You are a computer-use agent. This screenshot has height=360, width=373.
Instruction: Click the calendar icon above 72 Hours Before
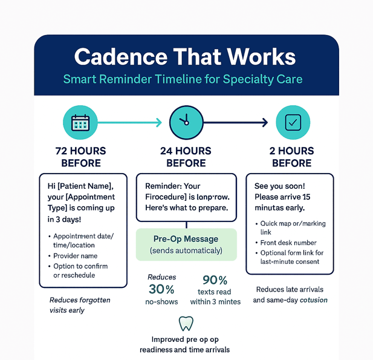[x=80, y=123]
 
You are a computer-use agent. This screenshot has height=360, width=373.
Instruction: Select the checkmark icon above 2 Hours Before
[x=293, y=123]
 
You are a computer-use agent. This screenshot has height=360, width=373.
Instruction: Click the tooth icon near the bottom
[x=186, y=323]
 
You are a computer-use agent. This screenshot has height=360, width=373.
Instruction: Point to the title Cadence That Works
[x=185, y=57]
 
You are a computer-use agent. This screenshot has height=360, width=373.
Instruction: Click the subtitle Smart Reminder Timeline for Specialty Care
[x=185, y=79]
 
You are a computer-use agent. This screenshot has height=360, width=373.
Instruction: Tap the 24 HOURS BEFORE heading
[x=186, y=157]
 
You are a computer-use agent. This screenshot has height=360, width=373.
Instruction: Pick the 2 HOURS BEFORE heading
[x=292, y=157]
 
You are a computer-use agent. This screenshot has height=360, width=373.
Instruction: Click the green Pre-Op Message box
[x=186, y=244]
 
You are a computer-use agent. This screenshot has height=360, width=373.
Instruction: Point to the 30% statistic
[x=161, y=289]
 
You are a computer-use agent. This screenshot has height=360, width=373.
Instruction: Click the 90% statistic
[x=215, y=280]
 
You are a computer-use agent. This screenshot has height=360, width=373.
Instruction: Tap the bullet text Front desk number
[x=289, y=243]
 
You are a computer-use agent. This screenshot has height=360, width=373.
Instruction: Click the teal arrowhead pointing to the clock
[x=158, y=123]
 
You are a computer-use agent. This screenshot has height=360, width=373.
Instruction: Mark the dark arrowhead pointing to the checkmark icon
[x=264, y=123]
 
